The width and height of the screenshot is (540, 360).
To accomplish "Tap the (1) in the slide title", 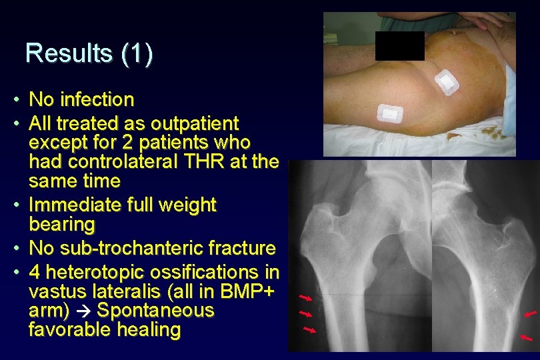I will pyautogui.click(x=137, y=53).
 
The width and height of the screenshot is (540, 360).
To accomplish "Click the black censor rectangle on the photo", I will pyautogui.click(x=399, y=46).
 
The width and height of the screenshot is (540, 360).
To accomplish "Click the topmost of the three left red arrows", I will pyautogui.click(x=306, y=297).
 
